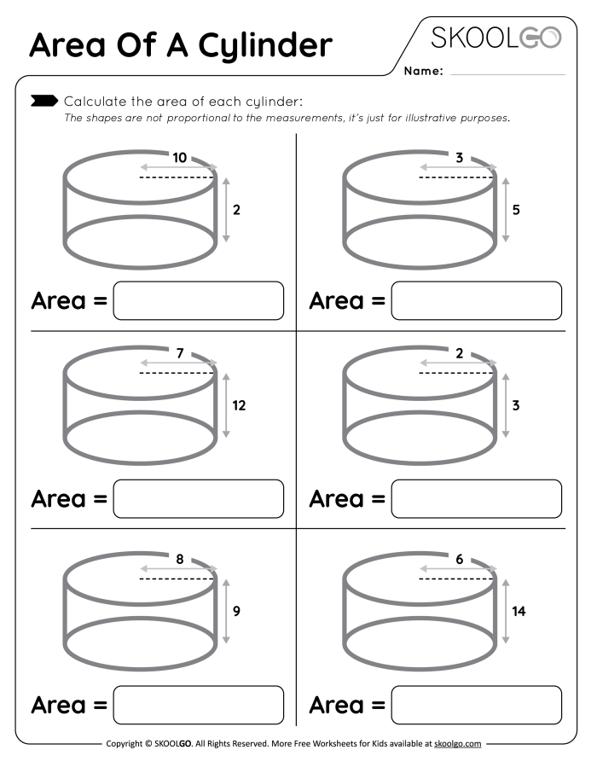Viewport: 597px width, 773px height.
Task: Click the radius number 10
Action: tap(179, 158)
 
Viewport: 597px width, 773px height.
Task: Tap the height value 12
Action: tap(239, 405)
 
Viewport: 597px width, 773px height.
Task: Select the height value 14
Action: tap(518, 611)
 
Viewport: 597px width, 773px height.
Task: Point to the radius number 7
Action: tap(179, 353)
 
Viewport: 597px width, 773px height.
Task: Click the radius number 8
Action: tap(179, 560)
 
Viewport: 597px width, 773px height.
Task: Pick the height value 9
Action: tap(236, 611)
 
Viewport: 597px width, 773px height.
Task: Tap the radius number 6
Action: tap(459, 560)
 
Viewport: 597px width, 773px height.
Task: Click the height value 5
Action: tap(516, 209)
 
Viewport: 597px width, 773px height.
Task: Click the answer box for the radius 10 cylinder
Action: tap(198, 300)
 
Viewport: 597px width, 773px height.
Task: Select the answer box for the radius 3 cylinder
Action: tap(476, 300)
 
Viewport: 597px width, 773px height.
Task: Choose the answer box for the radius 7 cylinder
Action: tap(198, 498)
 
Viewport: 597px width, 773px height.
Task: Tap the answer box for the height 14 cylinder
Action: tap(476, 705)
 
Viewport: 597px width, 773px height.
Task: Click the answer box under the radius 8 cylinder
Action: tap(198, 705)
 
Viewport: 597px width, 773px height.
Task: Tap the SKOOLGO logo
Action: tap(496, 38)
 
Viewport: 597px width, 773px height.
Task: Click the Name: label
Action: tap(424, 72)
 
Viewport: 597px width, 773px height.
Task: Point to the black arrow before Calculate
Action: tap(43, 102)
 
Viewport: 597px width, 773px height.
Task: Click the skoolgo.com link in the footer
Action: tap(458, 744)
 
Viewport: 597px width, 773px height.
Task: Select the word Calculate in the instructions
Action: tap(99, 102)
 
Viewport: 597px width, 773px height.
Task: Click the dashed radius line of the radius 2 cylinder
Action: tap(456, 373)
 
